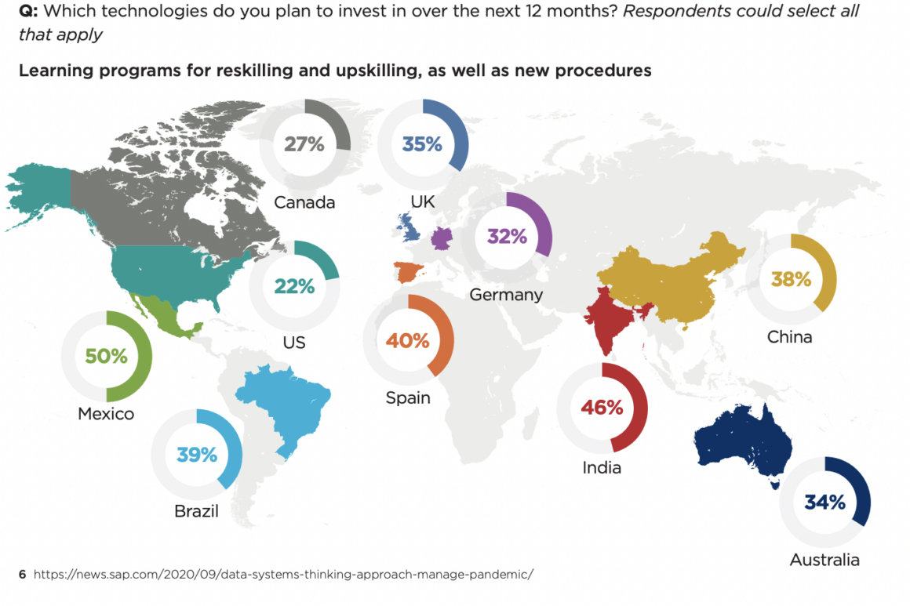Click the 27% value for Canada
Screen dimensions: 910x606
pos(304,143)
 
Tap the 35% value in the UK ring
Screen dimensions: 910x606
pos(422,143)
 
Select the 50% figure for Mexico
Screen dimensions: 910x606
pos(106,355)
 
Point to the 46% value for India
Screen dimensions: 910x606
pos(602,407)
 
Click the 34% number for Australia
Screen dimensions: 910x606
pos(824,502)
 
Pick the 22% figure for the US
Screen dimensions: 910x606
pos(294,286)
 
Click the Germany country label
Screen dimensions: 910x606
pos(506,296)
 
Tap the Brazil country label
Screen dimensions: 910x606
pos(196,511)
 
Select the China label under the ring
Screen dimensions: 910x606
pos(789,337)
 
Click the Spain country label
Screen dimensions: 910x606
pos(408,397)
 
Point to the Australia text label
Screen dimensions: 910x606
pos(824,560)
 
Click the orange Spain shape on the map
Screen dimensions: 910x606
pos(408,271)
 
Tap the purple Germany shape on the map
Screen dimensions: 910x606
pos(442,238)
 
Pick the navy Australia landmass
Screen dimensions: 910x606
pos(743,437)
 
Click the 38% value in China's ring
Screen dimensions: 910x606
pos(791,279)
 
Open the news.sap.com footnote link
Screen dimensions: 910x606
pos(283,574)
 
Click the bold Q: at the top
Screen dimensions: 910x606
pos(28,11)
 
